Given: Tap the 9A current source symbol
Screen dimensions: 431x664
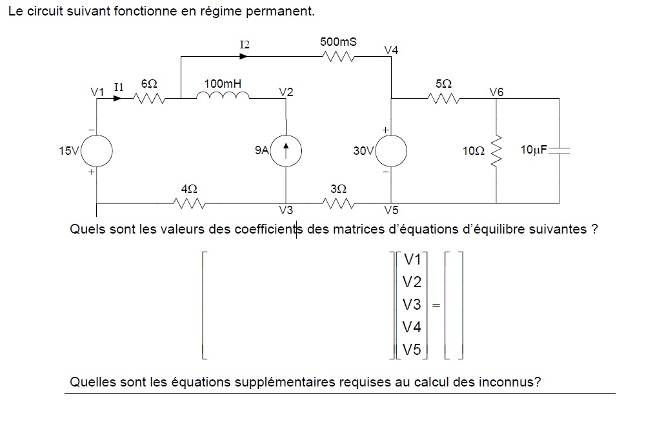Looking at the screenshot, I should click(x=285, y=151).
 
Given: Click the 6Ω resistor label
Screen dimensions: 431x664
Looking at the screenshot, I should click(x=148, y=85).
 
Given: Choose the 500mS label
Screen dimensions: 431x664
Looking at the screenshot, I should click(x=338, y=42).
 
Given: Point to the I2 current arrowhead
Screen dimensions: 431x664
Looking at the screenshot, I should click(x=244, y=56).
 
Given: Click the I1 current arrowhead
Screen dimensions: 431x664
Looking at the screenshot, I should click(x=117, y=99).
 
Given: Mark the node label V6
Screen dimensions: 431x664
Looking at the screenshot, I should click(x=496, y=92).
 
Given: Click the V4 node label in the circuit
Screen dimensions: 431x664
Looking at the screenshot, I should click(x=391, y=50).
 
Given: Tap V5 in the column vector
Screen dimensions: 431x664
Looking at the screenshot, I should click(x=411, y=350).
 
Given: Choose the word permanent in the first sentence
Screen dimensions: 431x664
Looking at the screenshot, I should click(x=283, y=12).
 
